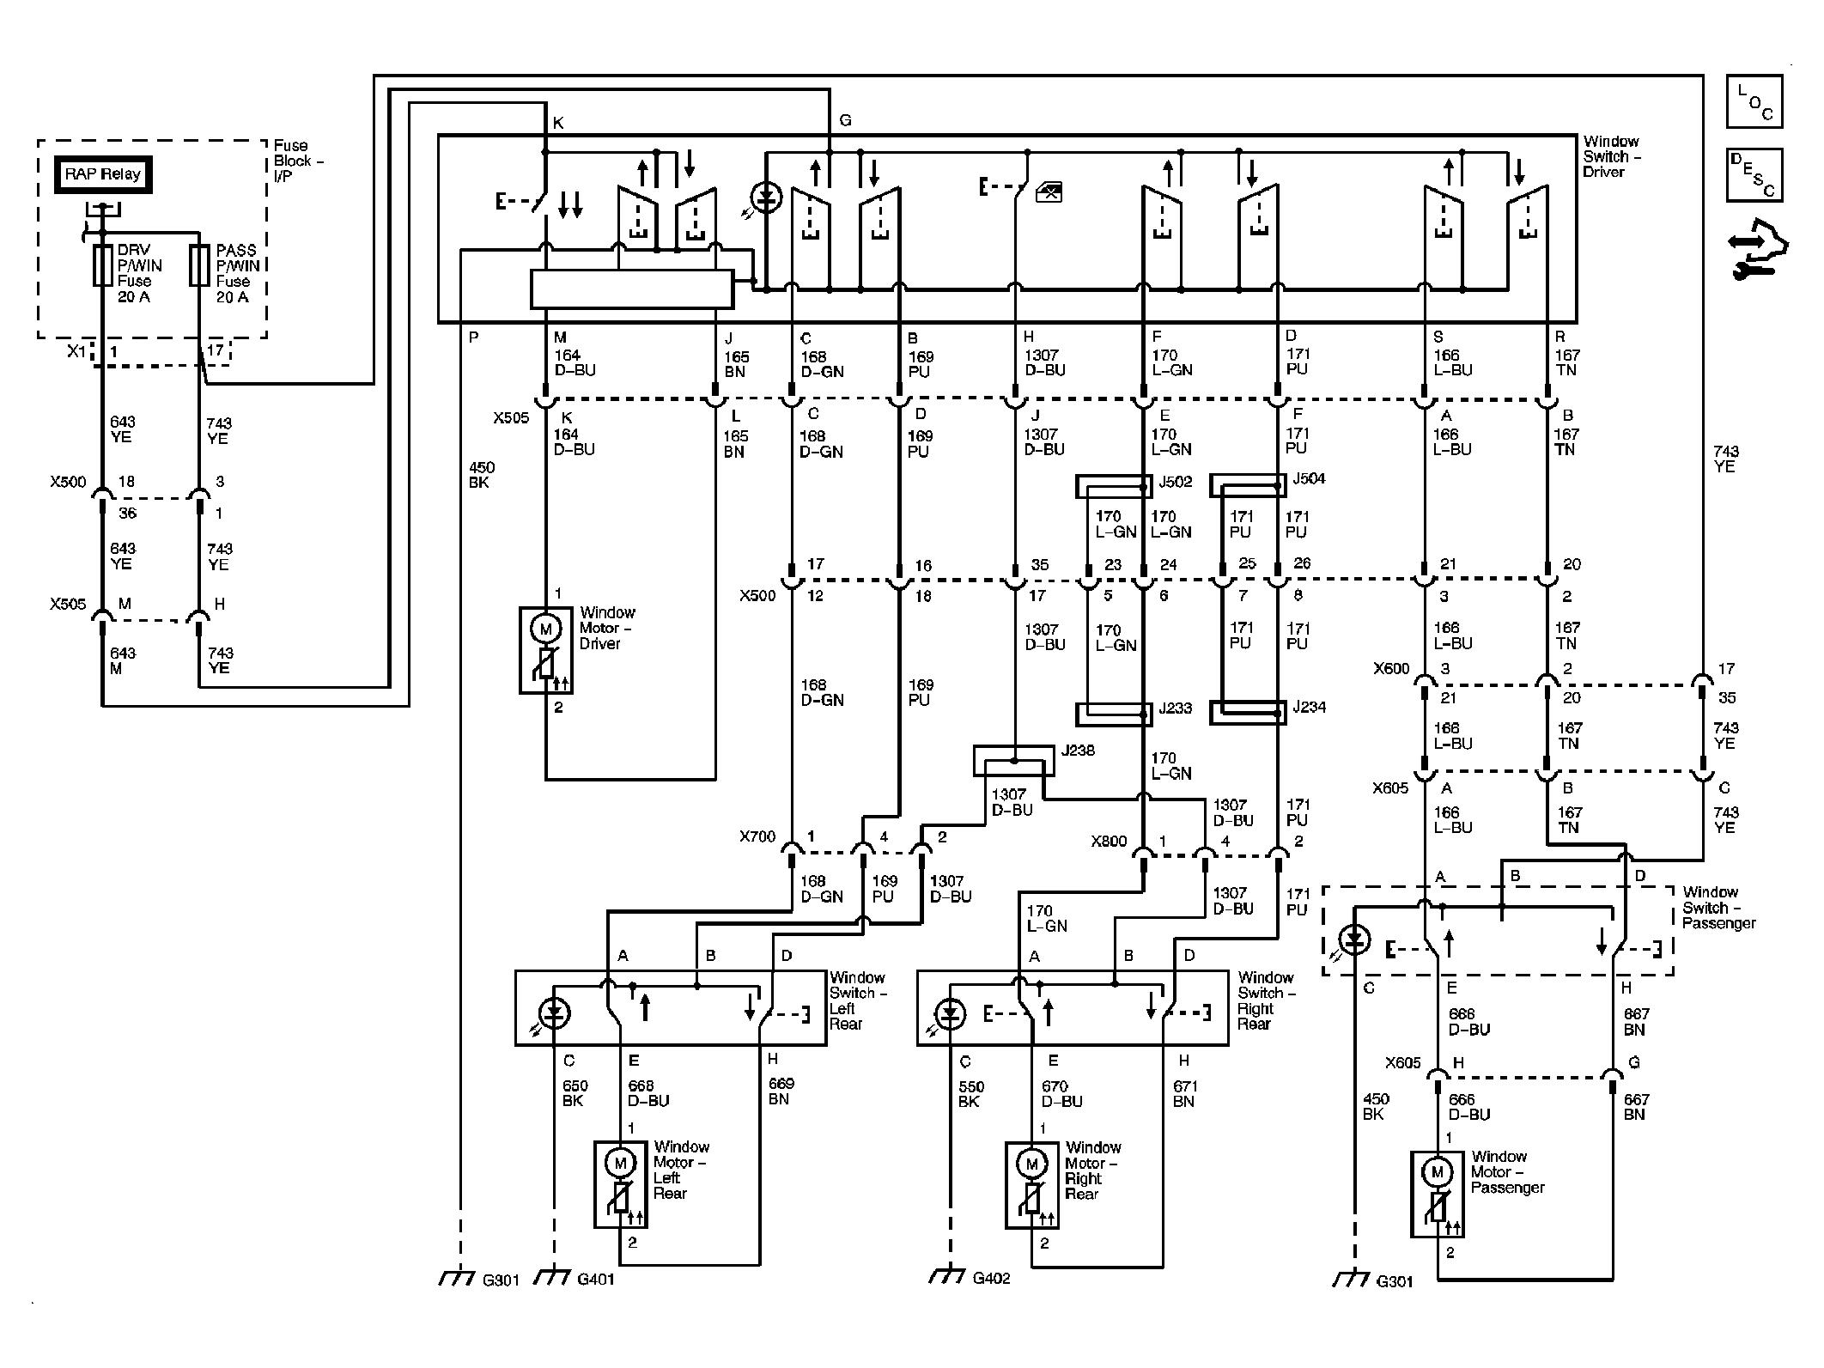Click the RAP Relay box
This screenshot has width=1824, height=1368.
(x=103, y=174)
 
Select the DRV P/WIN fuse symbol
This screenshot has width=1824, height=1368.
(x=103, y=265)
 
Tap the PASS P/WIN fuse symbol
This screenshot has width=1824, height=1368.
(x=199, y=265)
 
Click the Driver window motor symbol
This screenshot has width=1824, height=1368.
(x=545, y=650)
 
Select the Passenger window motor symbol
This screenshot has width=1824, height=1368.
(x=1437, y=1194)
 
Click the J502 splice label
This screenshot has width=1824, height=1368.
(x=1176, y=482)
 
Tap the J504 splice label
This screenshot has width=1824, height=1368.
(x=1310, y=478)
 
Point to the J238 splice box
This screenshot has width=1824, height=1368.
(x=1013, y=761)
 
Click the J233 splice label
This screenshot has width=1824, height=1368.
(x=1176, y=709)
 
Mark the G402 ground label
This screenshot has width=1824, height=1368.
(x=992, y=1279)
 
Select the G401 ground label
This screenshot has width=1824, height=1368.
(x=596, y=1280)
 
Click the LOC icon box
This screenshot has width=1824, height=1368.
(x=1754, y=101)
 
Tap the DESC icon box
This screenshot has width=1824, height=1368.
(x=1754, y=175)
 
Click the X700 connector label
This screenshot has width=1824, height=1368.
(x=757, y=836)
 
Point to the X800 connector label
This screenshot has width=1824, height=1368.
(x=1109, y=842)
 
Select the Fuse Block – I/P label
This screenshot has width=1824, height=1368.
(x=298, y=161)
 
